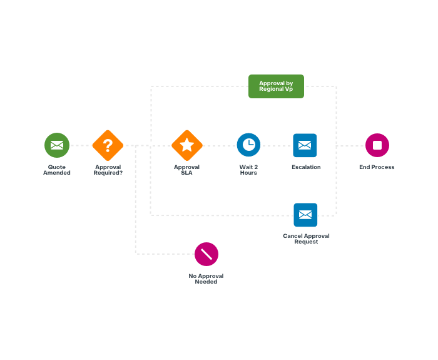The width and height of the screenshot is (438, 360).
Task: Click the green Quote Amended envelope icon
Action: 57,145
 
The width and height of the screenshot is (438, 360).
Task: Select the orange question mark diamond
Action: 108,145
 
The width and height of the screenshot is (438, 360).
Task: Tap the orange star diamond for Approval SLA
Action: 187,145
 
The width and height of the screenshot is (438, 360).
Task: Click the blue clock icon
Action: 248,145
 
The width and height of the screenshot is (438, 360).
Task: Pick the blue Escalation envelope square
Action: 305,145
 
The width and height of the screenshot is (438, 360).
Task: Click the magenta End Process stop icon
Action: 377,145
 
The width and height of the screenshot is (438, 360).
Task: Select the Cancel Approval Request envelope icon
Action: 305,215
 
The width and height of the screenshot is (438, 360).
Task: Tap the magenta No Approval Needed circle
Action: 206,254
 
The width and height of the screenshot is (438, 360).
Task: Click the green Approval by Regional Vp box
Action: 277,86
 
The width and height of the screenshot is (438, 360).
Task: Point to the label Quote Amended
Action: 57,170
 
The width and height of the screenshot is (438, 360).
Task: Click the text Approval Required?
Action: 108,170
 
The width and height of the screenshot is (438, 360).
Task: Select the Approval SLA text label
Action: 186,170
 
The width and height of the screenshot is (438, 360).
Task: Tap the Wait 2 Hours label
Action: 248,170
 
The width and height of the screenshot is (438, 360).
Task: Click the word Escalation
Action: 306,167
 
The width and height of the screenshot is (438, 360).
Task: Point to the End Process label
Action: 377,167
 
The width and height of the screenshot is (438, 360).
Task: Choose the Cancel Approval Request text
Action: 306,239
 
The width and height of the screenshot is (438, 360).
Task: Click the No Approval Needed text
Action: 206,279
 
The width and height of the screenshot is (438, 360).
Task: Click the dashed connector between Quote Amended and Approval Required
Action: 81,145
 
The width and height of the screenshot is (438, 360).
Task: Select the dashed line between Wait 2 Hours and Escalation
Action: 277,146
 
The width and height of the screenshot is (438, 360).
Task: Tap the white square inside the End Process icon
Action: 377,145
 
